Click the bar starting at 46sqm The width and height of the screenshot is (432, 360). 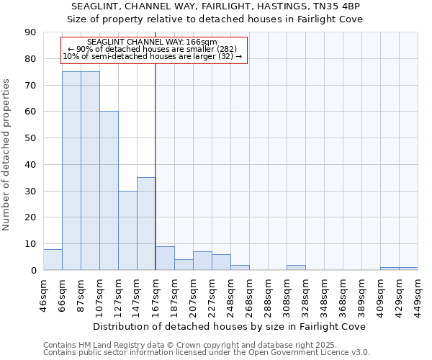(x=53, y=260)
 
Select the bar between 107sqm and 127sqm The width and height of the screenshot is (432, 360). (x=109, y=191)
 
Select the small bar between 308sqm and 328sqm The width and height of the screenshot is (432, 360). (x=296, y=268)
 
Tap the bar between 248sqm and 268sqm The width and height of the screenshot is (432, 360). (x=240, y=268)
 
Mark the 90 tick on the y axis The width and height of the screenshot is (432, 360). (x=30, y=32)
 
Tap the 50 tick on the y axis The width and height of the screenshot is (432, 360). (x=30, y=138)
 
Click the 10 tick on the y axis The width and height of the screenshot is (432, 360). (x=30, y=244)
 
